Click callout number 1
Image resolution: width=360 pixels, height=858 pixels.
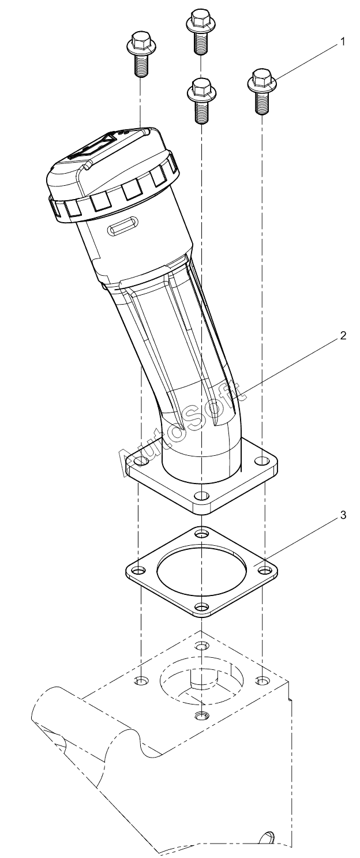(x=342, y=42)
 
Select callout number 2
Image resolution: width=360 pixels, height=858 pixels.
(x=343, y=336)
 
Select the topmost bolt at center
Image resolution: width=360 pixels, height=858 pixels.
(x=201, y=32)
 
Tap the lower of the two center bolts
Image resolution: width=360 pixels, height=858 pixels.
(x=201, y=101)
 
